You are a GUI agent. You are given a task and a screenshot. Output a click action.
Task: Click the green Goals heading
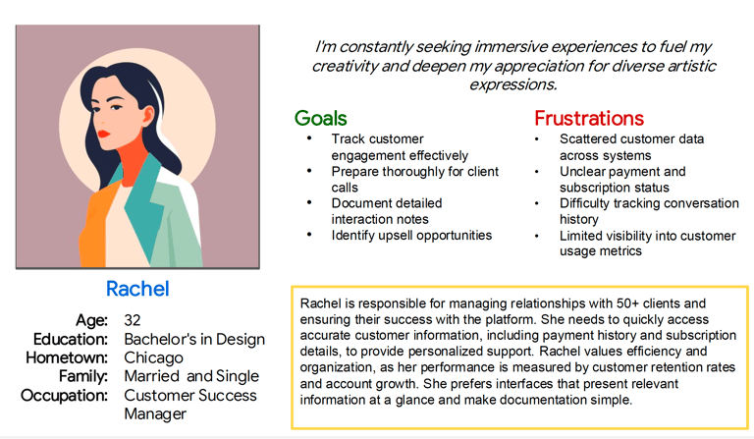[321, 118]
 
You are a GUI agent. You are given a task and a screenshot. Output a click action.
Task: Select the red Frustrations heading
[589, 118]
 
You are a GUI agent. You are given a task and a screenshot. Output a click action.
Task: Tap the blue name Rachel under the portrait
[137, 289]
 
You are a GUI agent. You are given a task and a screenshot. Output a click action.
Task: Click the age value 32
[133, 320]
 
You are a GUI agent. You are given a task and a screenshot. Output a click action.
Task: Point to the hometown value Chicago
[153, 358]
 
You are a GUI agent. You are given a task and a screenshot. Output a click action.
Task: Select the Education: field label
[71, 340]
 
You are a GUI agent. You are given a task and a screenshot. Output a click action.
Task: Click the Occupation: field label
[64, 396]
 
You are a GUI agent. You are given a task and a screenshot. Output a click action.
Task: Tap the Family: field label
[83, 376]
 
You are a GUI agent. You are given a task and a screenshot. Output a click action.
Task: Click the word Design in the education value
[241, 340]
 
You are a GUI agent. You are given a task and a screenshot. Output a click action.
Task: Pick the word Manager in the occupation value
[155, 414]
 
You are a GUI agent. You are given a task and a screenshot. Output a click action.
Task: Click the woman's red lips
[103, 134]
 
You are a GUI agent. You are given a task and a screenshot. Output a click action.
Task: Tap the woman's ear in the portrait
[147, 116]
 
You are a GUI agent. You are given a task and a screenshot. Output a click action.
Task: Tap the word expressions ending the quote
[513, 84]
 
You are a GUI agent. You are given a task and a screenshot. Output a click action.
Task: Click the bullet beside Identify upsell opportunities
[309, 235]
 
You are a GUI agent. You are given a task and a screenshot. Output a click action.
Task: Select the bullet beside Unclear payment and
[537, 171]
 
